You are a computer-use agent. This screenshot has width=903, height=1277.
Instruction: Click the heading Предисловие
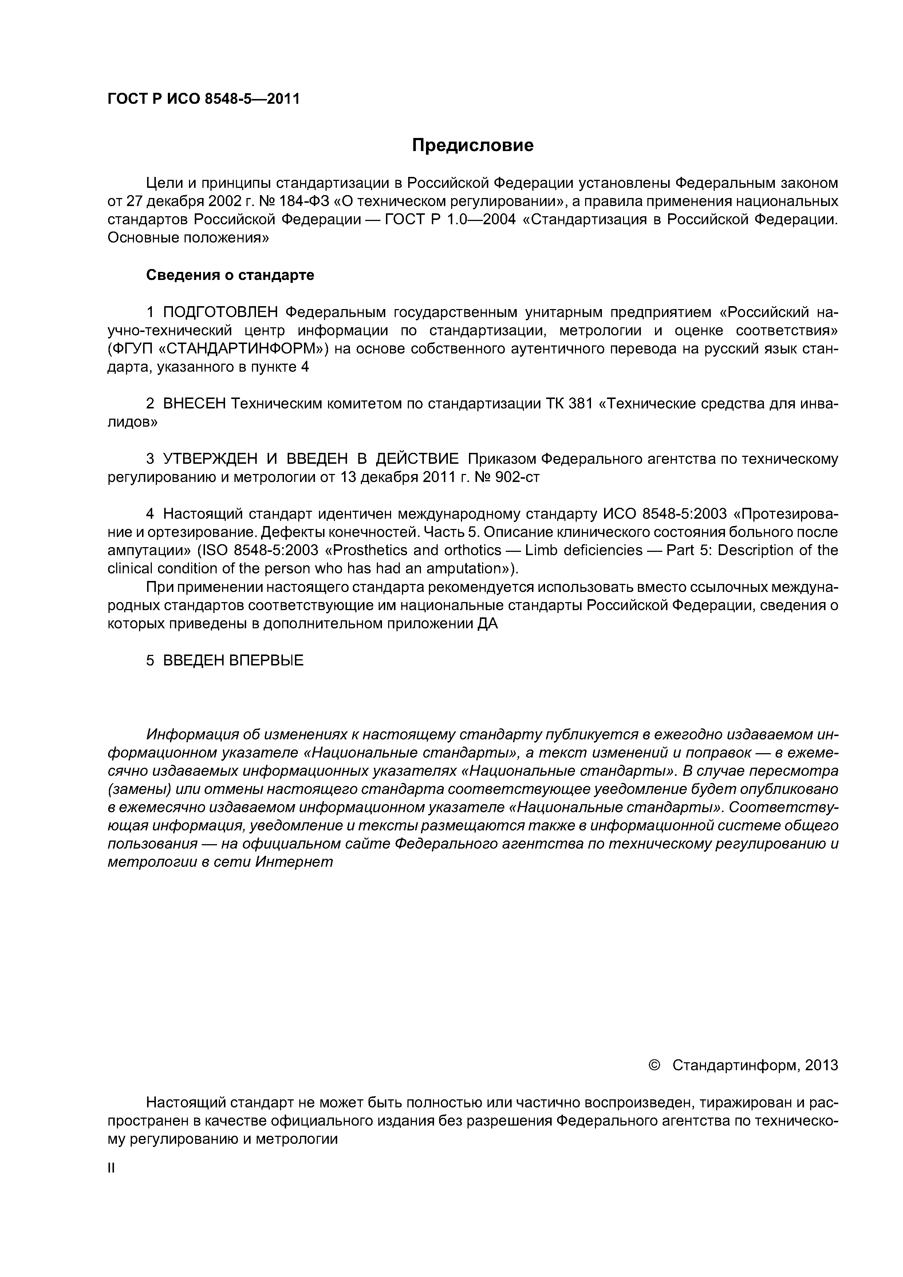coord(472,146)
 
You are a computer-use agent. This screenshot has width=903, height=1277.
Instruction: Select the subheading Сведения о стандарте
coord(230,275)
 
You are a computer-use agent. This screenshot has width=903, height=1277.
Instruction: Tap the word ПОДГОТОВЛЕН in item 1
coord(220,313)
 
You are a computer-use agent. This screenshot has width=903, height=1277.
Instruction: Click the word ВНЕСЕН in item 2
coord(194,404)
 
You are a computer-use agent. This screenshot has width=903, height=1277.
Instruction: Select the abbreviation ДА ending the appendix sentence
coord(488,624)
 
